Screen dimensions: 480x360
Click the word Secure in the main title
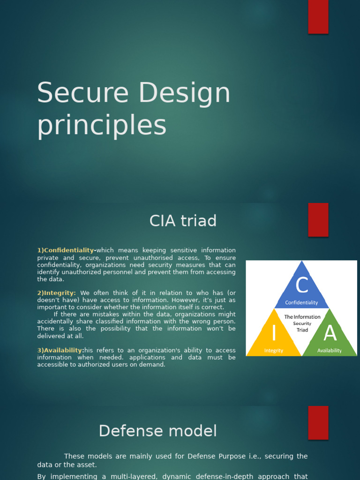coord(82,93)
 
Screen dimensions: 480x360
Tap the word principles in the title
coord(102,126)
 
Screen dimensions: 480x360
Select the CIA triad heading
coord(183,220)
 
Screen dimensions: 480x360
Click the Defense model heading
coord(158,431)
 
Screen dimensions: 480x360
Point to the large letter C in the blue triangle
coord(302,285)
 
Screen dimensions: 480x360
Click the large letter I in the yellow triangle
coord(274,333)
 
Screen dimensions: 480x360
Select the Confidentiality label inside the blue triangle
coord(301,303)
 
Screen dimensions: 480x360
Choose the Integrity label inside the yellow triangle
coord(274,351)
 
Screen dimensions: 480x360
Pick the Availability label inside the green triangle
coord(330,351)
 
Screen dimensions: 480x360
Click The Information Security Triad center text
coord(302,323)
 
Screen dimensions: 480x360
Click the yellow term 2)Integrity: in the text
coord(57,293)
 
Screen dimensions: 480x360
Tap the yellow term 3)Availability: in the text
coord(60,350)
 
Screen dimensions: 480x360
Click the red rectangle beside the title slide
coord(318,17)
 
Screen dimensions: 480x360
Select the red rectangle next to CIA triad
coord(318,220)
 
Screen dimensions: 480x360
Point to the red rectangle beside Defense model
coord(318,422)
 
